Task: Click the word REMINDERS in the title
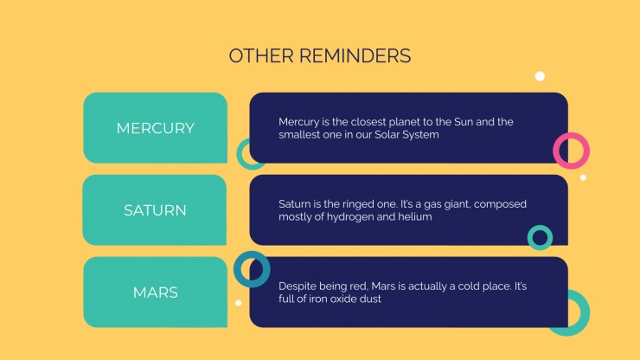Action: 355,56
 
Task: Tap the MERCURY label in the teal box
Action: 156,128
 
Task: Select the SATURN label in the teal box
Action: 155,210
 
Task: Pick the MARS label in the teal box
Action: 156,292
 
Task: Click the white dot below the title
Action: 540,76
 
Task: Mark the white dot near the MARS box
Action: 239,303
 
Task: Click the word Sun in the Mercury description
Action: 464,122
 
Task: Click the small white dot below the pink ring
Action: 583,177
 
